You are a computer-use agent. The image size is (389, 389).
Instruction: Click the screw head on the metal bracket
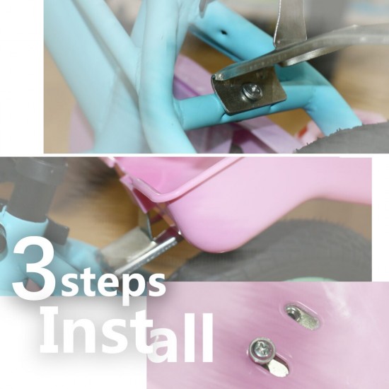tap(252, 91)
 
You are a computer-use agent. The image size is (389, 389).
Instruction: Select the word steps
tap(112, 284)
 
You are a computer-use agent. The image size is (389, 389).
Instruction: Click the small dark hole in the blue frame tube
tap(223, 32)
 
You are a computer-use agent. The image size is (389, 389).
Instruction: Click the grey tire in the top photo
tap(345, 139)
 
